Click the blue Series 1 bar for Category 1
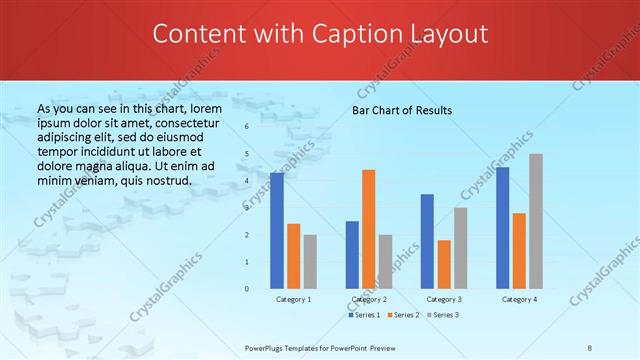click(x=277, y=231)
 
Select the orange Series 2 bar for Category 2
click(x=369, y=229)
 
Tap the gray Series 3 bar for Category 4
click(x=536, y=221)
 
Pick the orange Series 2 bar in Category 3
click(x=444, y=264)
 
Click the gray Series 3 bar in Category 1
click(x=310, y=262)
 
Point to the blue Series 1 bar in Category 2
click(x=352, y=255)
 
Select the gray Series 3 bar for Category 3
click(x=461, y=248)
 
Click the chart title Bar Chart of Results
click(x=403, y=110)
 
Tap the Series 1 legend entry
click(x=365, y=315)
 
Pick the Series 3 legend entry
click(x=443, y=315)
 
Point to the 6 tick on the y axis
click(x=247, y=127)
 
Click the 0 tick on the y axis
click(x=247, y=289)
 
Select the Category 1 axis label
click(x=293, y=299)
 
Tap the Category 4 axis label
click(x=519, y=299)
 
